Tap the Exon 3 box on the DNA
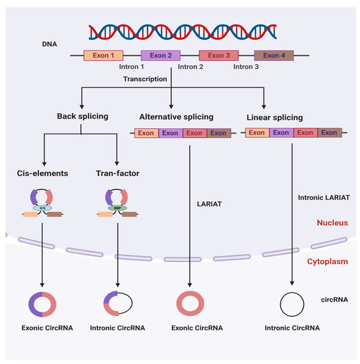[x=218, y=56]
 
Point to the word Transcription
[x=144, y=79]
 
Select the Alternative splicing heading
[x=171, y=117]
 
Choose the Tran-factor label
[x=116, y=175]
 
